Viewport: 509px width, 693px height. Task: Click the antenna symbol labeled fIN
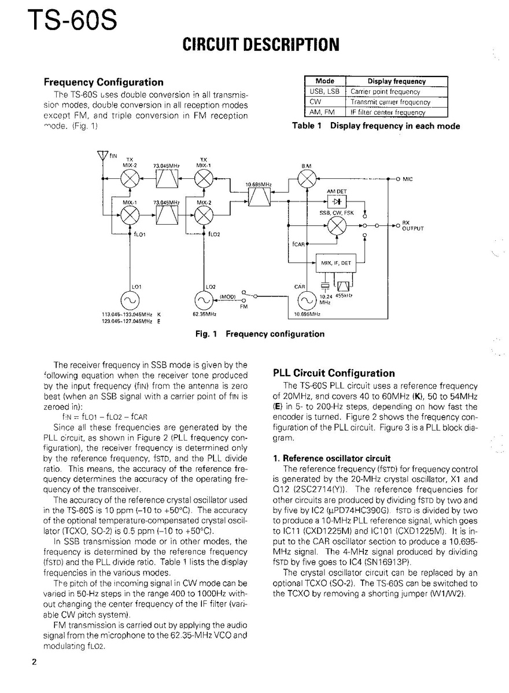pyautogui.click(x=103, y=156)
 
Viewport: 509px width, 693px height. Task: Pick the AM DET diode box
pyautogui.click(x=336, y=202)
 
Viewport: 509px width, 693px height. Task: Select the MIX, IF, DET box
pyautogui.click(x=336, y=263)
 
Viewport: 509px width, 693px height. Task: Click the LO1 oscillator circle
pyautogui.click(x=128, y=300)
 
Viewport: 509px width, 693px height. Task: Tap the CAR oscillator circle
pyautogui.click(x=305, y=300)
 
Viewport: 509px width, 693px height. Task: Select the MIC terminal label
pyautogui.click(x=407, y=179)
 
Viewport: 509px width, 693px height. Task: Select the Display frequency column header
pyautogui.click(x=396, y=82)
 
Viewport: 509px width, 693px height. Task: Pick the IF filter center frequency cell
pyautogui.click(x=396, y=112)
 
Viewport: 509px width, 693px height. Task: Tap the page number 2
pyautogui.click(x=35, y=663)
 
